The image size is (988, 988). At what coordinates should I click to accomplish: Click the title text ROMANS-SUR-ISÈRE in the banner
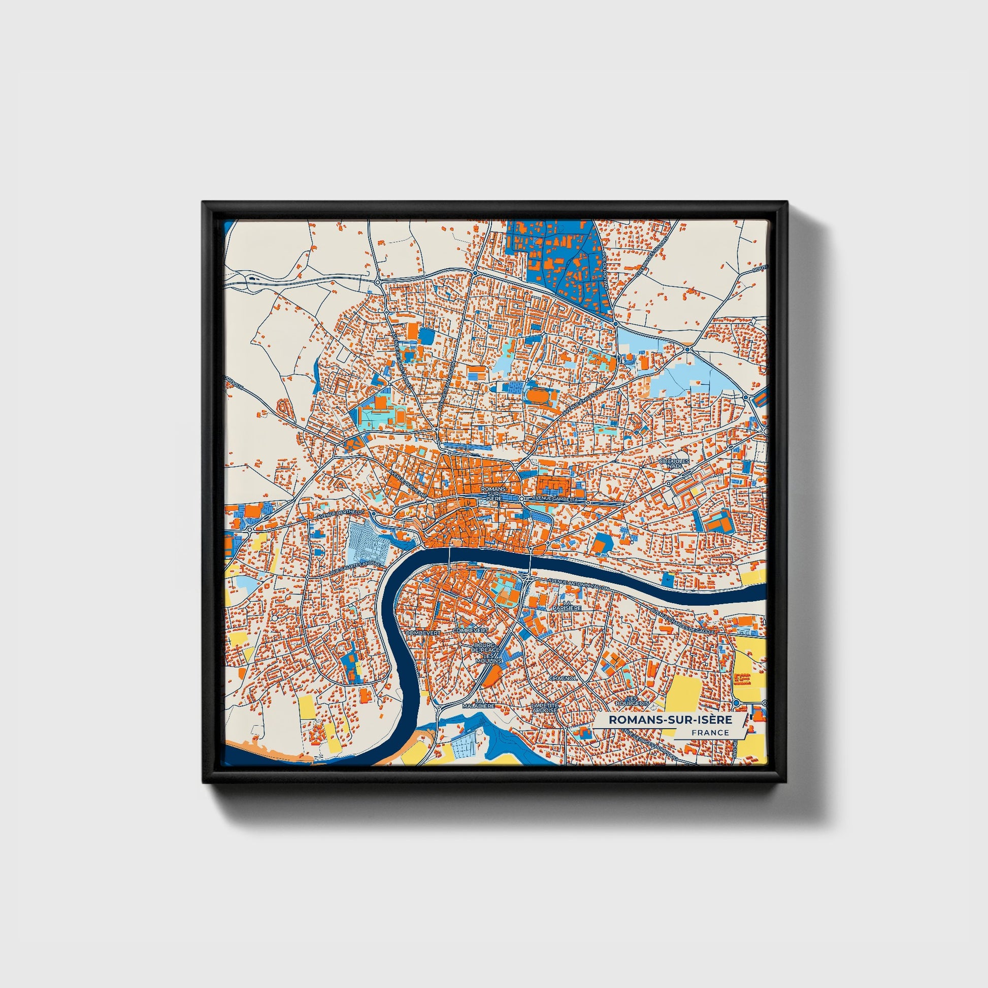click(x=670, y=719)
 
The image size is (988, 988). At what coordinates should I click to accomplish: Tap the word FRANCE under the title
click(x=710, y=732)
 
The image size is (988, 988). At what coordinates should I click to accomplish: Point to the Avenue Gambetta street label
click(x=555, y=499)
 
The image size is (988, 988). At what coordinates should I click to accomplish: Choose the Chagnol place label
click(x=563, y=678)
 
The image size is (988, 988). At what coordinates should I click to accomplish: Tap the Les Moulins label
click(x=489, y=658)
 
